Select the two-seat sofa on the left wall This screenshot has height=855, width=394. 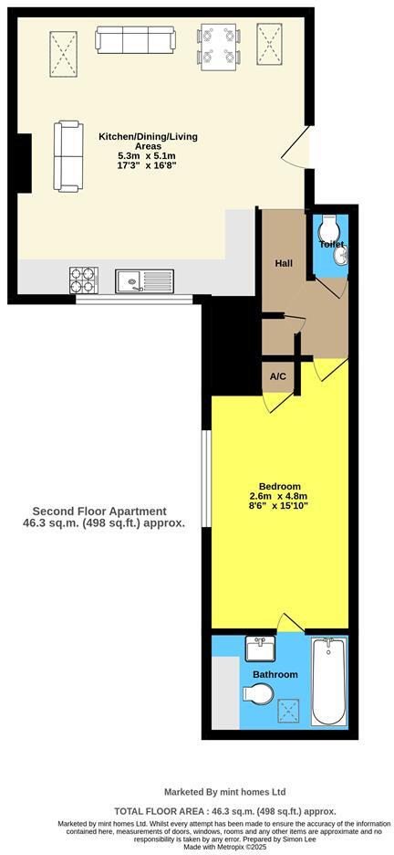pos(67,156)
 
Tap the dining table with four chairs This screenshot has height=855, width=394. pos(219,47)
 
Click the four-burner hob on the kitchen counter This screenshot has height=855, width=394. pos(83,279)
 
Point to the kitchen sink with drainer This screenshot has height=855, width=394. pos(144,280)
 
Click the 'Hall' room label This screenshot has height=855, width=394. pos(284,263)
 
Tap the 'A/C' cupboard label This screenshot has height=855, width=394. pos(278,376)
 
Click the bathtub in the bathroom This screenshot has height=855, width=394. pos(329,681)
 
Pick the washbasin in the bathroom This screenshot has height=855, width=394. pos(258,650)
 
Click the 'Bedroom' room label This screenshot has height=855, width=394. pos(279,486)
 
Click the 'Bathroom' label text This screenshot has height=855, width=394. pos(275,674)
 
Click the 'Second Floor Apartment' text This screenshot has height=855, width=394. pos(99,512)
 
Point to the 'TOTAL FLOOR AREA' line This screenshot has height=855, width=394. pos(224,810)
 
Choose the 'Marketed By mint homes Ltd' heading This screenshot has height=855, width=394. pos(224,792)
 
